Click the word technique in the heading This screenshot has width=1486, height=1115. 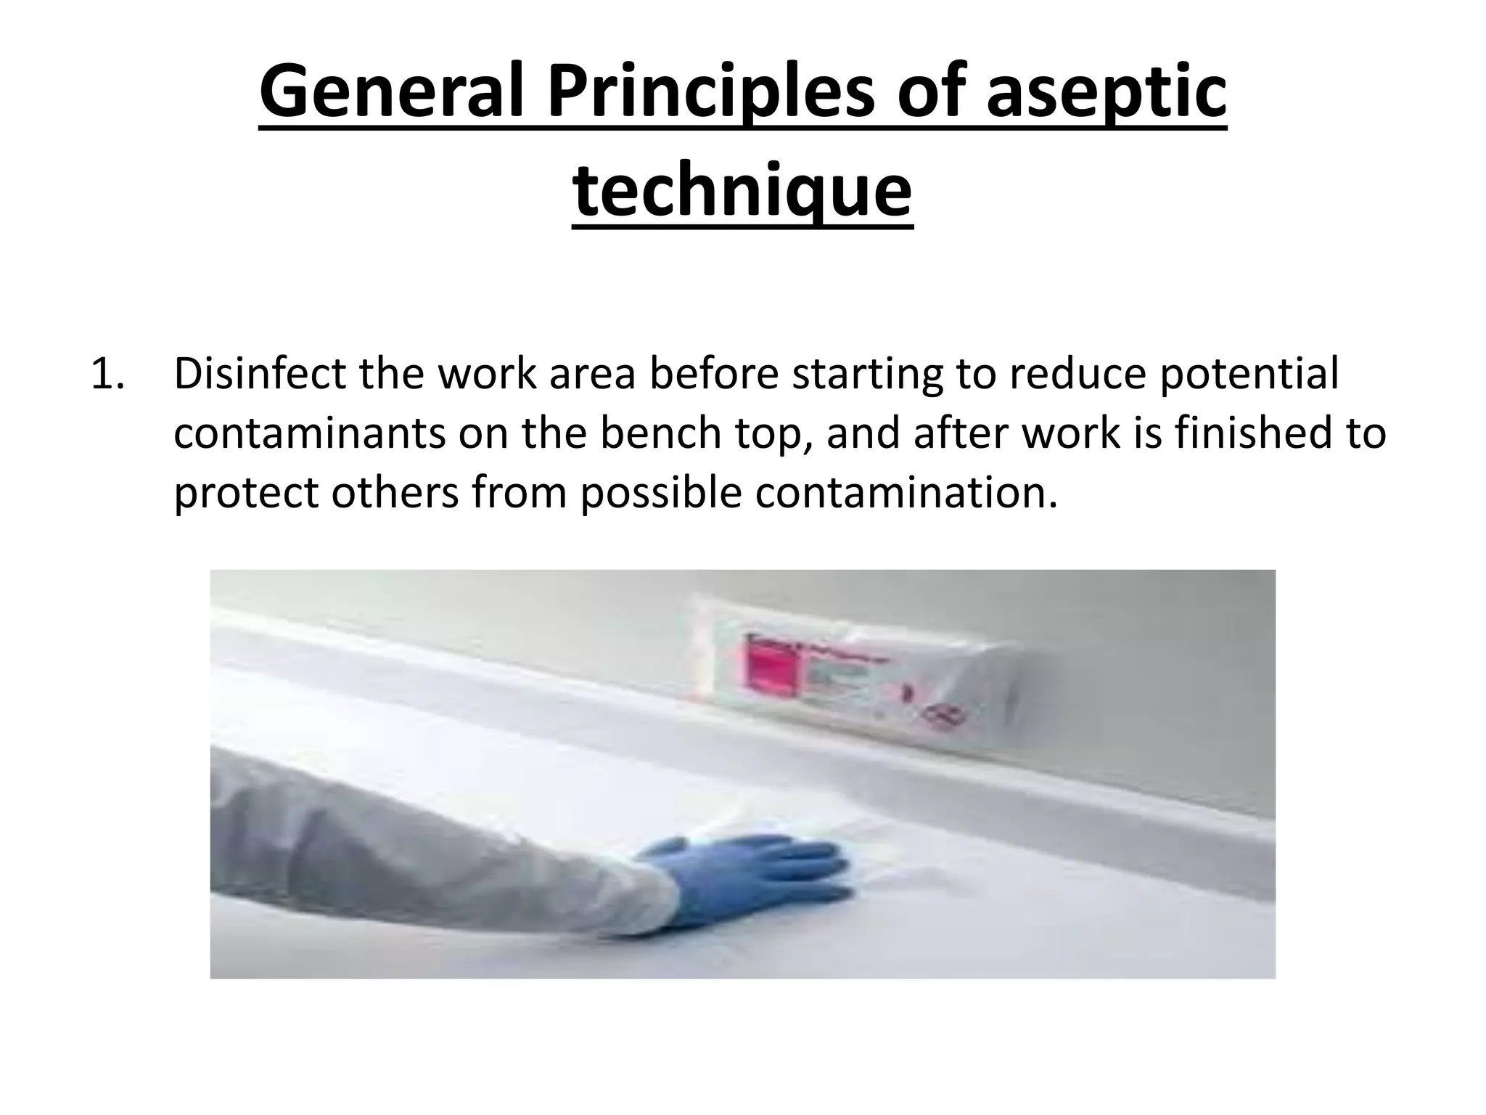pyautogui.click(x=742, y=190)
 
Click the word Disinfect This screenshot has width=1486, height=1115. pyautogui.click(x=260, y=374)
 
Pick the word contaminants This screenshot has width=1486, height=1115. pyautogui.click(x=310, y=433)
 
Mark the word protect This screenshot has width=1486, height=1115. pyautogui.click(x=246, y=493)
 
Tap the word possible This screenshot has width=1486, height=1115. pyautogui.click(x=661, y=493)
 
